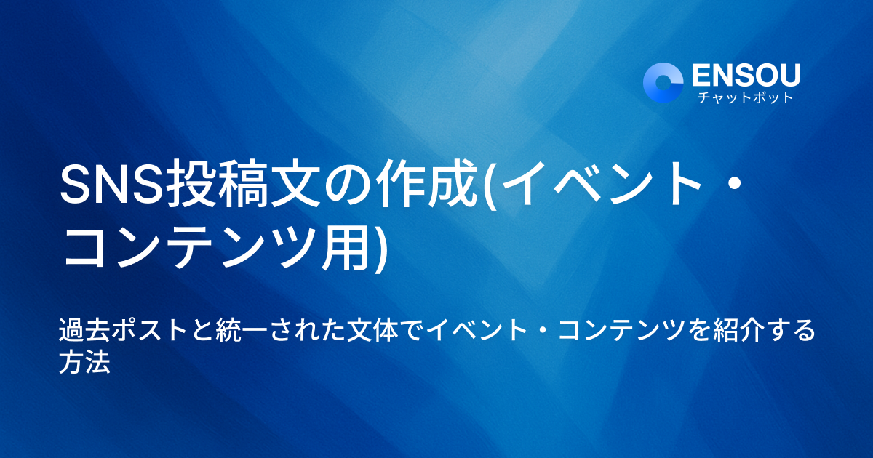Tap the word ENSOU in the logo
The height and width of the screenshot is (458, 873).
point(746,75)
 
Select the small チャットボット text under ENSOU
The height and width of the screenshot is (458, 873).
point(745,97)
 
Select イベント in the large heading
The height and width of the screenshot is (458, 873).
point(598,187)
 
